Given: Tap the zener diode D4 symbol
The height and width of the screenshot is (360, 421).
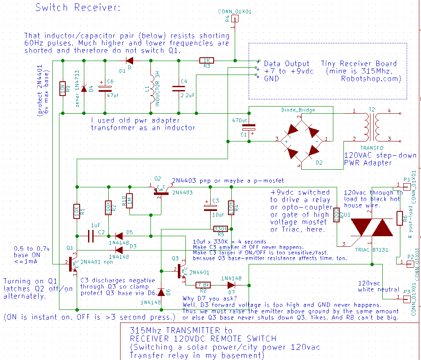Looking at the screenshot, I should coord(84,89).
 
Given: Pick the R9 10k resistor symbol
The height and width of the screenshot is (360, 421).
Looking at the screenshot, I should coord(63,89).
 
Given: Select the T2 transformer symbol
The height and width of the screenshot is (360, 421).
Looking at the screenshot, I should coord(372,125).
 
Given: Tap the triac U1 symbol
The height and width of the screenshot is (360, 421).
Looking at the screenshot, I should coord(371,228).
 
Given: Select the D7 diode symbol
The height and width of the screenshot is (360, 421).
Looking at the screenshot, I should coord(231,285).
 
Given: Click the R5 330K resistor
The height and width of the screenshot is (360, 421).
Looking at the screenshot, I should coord(220,229).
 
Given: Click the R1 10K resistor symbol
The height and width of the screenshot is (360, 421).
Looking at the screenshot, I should coord(77,210).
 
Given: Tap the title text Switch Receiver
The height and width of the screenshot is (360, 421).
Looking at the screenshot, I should coord(78,8).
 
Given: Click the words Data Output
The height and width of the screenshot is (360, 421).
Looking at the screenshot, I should coord(287,64).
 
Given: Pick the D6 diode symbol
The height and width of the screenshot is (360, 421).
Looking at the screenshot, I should coord(161,292).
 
